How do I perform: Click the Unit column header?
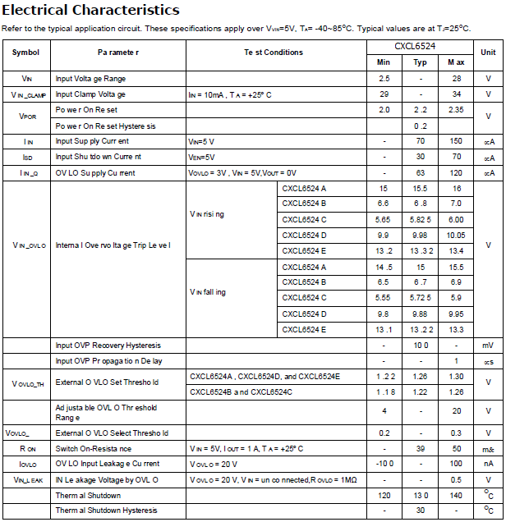point(488,52)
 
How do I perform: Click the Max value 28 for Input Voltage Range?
point(456,79)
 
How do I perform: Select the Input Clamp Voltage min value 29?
point(384,94)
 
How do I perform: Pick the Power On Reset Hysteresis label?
point(105,126)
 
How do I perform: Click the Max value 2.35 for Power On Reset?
point(456,110)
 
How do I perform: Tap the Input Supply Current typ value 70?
point(420,142)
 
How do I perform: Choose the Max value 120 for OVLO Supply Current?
point(456,173)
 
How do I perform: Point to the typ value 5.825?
point(420,219)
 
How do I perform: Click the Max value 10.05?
point(456,236)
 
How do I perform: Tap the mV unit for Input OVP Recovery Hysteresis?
point(488,346)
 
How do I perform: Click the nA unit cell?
point(488,464)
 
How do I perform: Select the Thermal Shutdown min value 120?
point(384,496)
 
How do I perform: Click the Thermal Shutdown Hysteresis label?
point(106,511)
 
